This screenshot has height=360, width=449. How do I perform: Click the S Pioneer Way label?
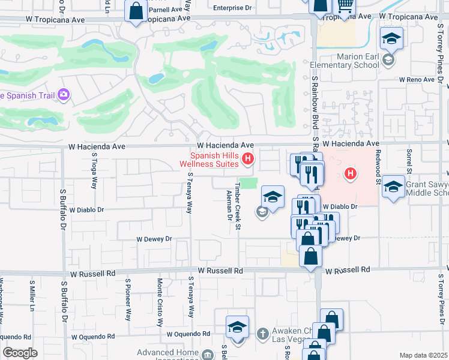[x=128, y=298]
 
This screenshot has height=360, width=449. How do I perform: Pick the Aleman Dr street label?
[x=229, y=205]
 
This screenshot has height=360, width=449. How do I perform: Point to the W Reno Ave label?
[x=416, y=79]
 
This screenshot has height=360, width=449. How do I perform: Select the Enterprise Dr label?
[x=232, y=8]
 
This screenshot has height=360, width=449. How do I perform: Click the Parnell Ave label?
[x=165, y=10]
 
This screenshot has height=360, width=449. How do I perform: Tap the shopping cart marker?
[x=345, y=7]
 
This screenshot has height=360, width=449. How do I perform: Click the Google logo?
[x=19, y=353]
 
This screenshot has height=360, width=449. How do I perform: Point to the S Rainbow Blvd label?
[x=314, y=102]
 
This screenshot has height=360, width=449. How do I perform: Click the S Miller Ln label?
[x=32, y=294]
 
